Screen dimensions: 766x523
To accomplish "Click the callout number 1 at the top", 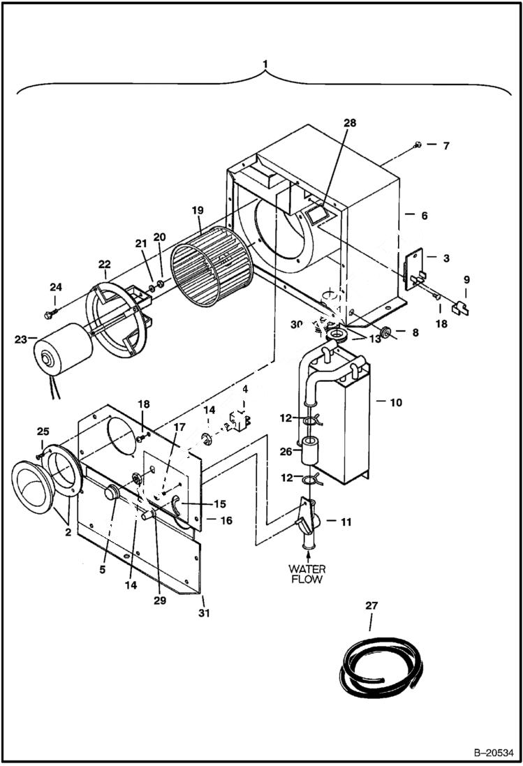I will pyautogui.click(x=265, y=65).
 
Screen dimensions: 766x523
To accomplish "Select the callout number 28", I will pyautogui.click(x=349, y=122).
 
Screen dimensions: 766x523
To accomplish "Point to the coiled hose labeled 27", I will pyautogui.click(x=376, y=667).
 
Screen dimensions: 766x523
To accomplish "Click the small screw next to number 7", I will pyautogui.click(x=417, y=145).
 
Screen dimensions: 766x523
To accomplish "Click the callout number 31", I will pyautogui.click(x=203, y=613).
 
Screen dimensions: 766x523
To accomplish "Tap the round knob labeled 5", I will pyautogui.click(x=109, y=493).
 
